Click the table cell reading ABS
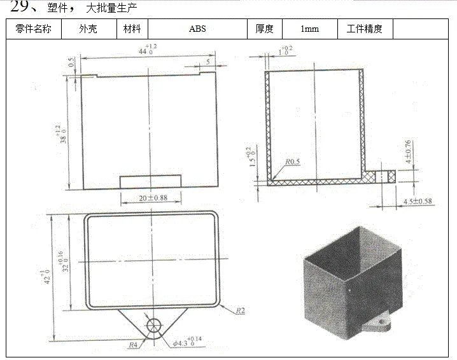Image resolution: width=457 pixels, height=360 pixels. point(197,29)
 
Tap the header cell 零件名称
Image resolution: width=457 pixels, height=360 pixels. point(33,29)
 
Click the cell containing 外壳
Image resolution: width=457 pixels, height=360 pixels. point(88,29)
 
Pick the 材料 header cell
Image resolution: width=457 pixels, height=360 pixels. point(132,29)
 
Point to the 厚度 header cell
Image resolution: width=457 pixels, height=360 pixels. point(264,29)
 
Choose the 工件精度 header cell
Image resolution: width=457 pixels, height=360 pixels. point(364,29)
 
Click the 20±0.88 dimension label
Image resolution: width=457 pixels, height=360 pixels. point(152,198)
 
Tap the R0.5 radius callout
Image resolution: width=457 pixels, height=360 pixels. point(292,162)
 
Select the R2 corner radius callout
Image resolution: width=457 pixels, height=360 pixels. point(241,310)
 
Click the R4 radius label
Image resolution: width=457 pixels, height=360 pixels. point(134,344)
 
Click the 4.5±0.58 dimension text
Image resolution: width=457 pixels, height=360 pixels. point(418,202)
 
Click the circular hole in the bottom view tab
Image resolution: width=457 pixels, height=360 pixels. point(154,325)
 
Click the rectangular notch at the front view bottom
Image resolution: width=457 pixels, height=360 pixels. point(151,181)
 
